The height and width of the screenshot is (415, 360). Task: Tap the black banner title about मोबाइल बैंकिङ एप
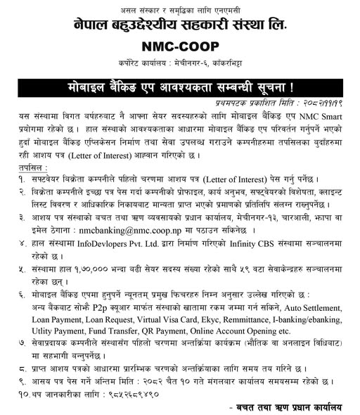click(x=180, y=90)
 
